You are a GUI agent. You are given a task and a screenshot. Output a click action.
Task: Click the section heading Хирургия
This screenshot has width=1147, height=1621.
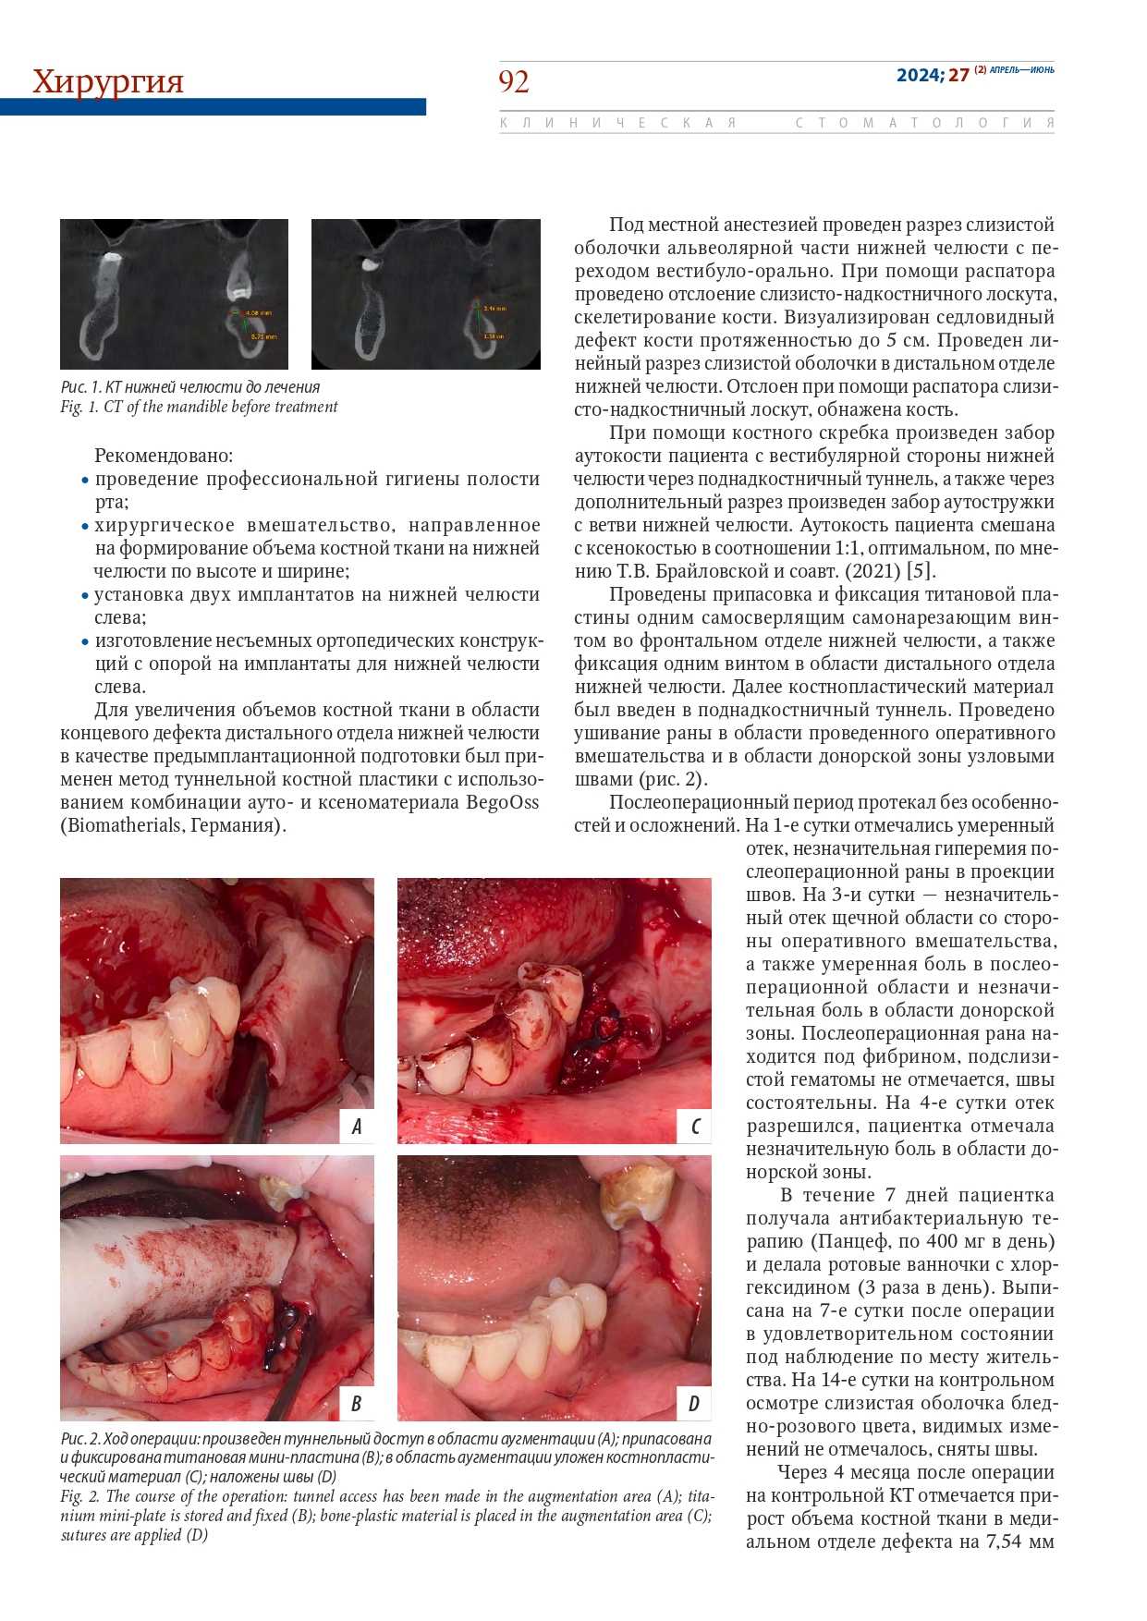(108, 81)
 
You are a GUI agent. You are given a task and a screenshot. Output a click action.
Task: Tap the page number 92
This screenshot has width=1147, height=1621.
(514, 81)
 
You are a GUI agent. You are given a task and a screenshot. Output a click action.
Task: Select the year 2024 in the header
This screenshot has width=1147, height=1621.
(918, 75)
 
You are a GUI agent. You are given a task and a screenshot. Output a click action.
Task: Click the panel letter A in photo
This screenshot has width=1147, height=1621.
(356, 1126)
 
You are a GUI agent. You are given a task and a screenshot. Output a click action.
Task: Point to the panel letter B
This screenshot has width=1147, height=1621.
(356, 1404)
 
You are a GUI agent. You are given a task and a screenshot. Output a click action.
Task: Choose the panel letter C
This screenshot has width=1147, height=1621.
(694, 1126)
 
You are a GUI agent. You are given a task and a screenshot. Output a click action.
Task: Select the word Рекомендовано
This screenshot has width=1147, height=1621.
(164, 456)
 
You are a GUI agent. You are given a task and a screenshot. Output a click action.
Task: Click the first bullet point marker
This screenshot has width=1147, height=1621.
(85, 481)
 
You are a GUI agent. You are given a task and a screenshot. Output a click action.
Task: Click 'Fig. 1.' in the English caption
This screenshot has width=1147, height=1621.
(79, 407)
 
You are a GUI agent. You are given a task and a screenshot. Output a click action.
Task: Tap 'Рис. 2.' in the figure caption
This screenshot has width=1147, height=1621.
(80, 1439)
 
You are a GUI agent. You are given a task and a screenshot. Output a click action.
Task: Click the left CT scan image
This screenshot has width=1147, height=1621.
(174, 294)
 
